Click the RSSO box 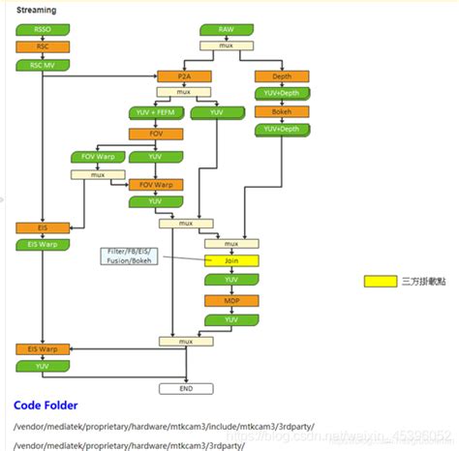pos(42,30)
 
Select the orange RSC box pos(42,46)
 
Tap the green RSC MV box pos(42,65)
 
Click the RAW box pos(227,30)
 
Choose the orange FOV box pos(156,134)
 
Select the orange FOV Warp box pos(156,184)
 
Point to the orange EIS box pos(42,227)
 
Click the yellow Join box pos(231,260)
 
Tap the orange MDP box pos(231,300)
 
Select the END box pos(185,388)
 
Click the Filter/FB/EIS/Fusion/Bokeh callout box pos(130,256)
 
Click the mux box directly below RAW pos(227,45)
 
